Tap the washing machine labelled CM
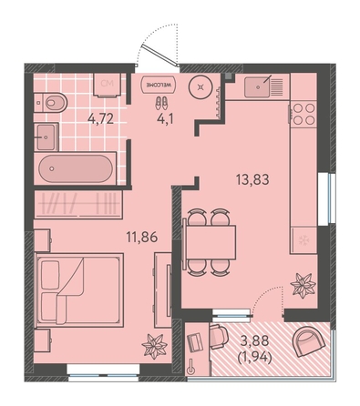[108, 85]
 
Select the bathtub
[76, 168]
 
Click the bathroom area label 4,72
[100, 118]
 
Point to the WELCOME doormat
[159, 84]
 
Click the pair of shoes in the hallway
[161, 103]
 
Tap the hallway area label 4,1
[165, 119]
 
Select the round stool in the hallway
[201, 87]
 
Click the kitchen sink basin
[257, 87]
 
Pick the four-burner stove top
[303, 114]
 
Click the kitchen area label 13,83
[252, 179]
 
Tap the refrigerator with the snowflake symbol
[303, 240]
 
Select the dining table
[211, 242]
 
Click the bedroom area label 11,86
[142, 237]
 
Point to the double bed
[79, 290]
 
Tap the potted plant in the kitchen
[303, 286]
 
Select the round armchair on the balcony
[309, 341]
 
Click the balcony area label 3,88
[254, 340]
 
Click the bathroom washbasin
[46, 137]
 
